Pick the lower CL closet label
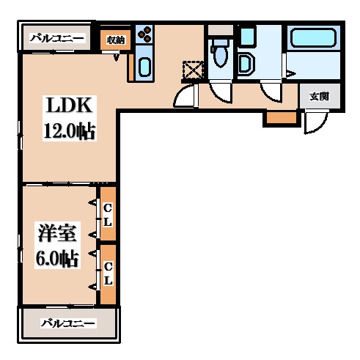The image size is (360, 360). click(x=107, y=273)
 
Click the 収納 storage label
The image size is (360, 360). click(x=115, y=40)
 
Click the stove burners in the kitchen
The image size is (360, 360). click(x=144, y=35)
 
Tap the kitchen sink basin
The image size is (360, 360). click(x=144, y=67)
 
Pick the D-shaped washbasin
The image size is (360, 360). click(x=246, y=64)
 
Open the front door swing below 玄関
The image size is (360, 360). click(x=314, y=122)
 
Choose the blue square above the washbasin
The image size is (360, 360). click(x=247, y=36)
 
